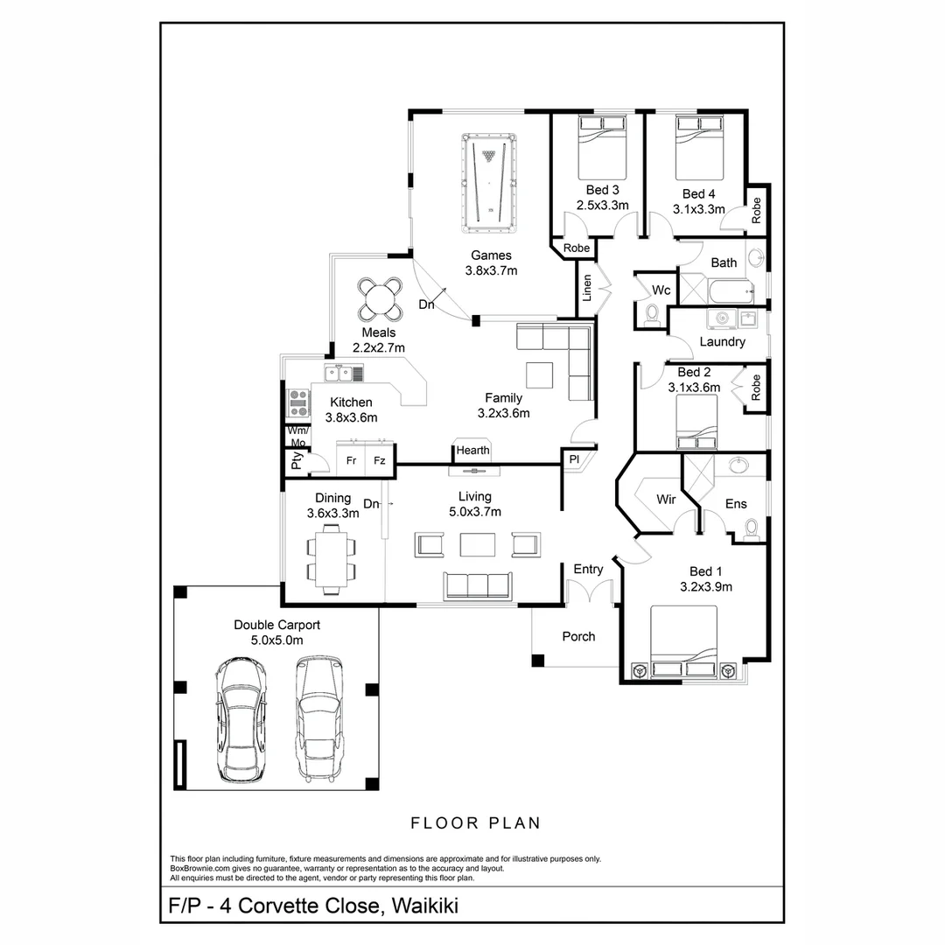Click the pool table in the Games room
(x=489, y=183)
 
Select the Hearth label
(x=472, y=451)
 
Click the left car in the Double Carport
(x=241, y=719)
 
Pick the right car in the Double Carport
(x=319, y=719)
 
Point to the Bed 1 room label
(x=706, y=571)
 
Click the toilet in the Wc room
(x=652, y=316)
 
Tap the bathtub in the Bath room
(x=731, y=292)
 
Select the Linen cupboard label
(x=587, y=288)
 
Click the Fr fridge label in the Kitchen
(x=352, y=460)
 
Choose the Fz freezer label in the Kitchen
(x=379, y=460)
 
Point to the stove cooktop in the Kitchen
(x=298, y=402)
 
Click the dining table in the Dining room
(x=331, y=559)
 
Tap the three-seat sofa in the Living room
(x=478, y=585)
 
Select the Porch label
(x=578, y=636)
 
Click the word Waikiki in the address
(x=425, y=906)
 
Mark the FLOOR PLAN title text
(x=475, y=823)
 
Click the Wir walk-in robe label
(x=666, y=499)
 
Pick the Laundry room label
(x=722, y=342)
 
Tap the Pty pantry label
(x=296, y=461)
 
